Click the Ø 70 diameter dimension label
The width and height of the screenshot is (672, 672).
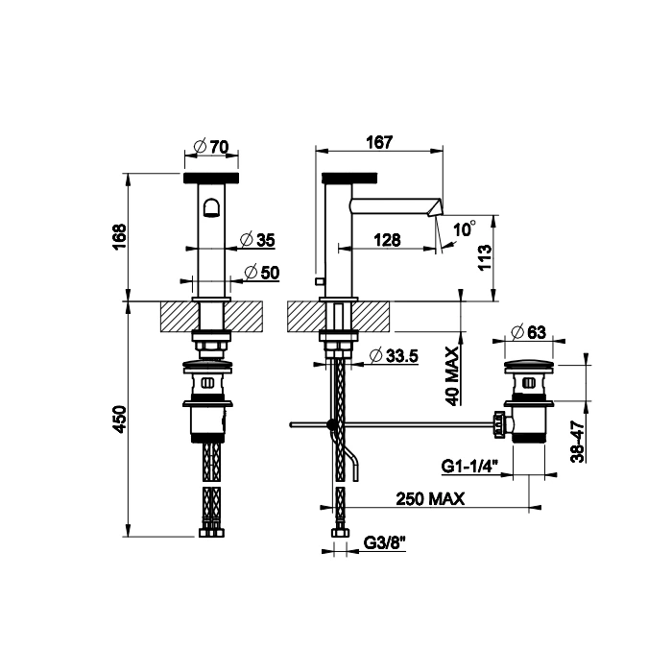211,147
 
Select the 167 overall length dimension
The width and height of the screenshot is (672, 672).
379,142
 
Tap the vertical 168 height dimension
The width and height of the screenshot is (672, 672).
120,236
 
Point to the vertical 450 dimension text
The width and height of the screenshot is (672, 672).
120,419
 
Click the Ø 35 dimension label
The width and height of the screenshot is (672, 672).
257,240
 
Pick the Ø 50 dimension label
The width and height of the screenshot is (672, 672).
261,272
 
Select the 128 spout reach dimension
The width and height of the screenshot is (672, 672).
387,240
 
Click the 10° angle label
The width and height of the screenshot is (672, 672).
465,228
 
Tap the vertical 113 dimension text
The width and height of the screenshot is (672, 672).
485,257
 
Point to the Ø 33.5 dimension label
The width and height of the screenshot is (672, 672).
394,356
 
